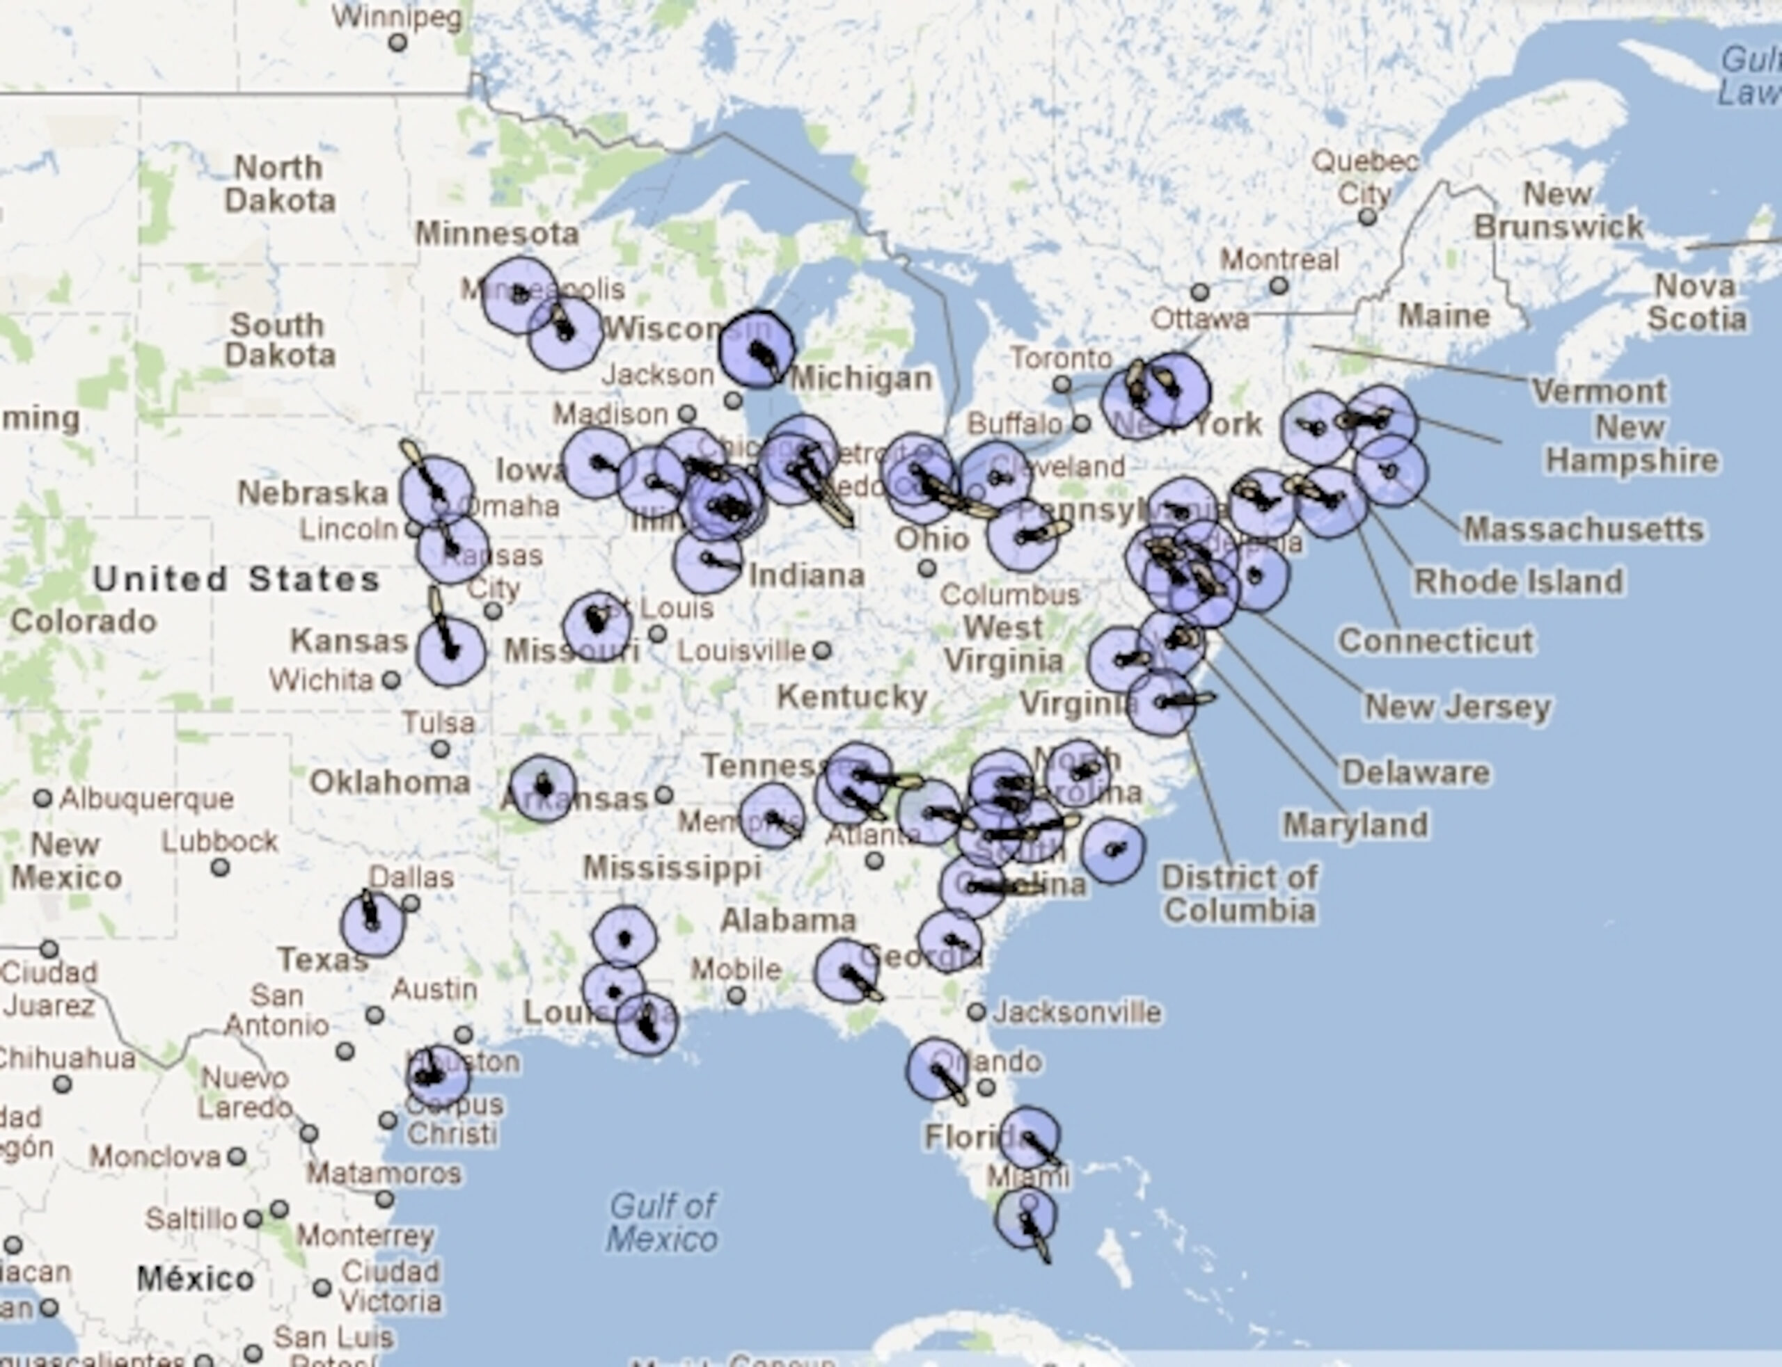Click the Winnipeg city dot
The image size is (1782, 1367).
397,42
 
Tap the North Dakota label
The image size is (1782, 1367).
279,184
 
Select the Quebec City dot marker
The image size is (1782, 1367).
1367,217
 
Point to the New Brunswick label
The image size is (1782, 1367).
1558,211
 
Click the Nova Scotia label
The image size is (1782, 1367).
1697,302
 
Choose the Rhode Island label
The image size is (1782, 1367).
1518,582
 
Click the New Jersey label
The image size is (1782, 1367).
1457,706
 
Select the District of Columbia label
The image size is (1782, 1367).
1239,893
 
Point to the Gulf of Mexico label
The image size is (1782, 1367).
662,1222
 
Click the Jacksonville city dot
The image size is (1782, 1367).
976,1012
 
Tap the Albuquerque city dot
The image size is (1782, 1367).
42,798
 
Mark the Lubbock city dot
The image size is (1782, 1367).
220,868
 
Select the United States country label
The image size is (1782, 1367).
236,579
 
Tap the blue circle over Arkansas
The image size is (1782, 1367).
543,788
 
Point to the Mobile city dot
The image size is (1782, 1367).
736,995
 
